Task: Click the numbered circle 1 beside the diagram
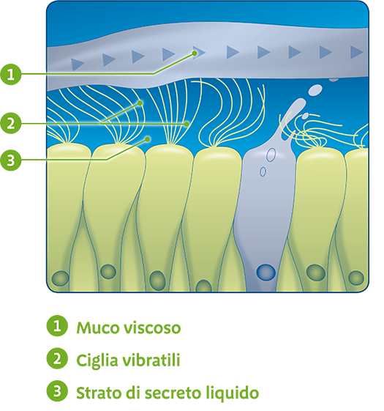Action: pyautogui.click(x=10, y=74)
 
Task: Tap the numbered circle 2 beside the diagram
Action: pyautogui.click(x=10, y=123)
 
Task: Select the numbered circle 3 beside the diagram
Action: pyautogui.click(x=10, y=160)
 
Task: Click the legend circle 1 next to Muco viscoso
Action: pyautogui.click(x=57, y=326)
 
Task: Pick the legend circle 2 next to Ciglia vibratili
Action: pyautogui.click(x=57, y=358)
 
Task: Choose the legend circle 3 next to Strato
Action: pyautogui.click(x=57, y=391)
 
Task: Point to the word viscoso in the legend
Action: pyautogui.click(x=152, y=328)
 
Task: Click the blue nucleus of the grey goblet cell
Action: pyautogui.click(x=266, y=272)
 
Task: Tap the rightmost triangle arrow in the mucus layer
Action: pyautogui.click(x=356, y=52)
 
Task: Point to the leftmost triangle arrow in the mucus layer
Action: pyautogui.click(x=78, y=64)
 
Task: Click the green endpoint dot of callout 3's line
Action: pyautogui.click(x=148, y=139)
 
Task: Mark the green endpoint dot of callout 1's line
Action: pyautogui.click(x=195, y=53)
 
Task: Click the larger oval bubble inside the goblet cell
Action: pyautogui.click(x=271, y=155)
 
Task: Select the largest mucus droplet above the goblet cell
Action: pyautogui.click(x=315, y=90)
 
